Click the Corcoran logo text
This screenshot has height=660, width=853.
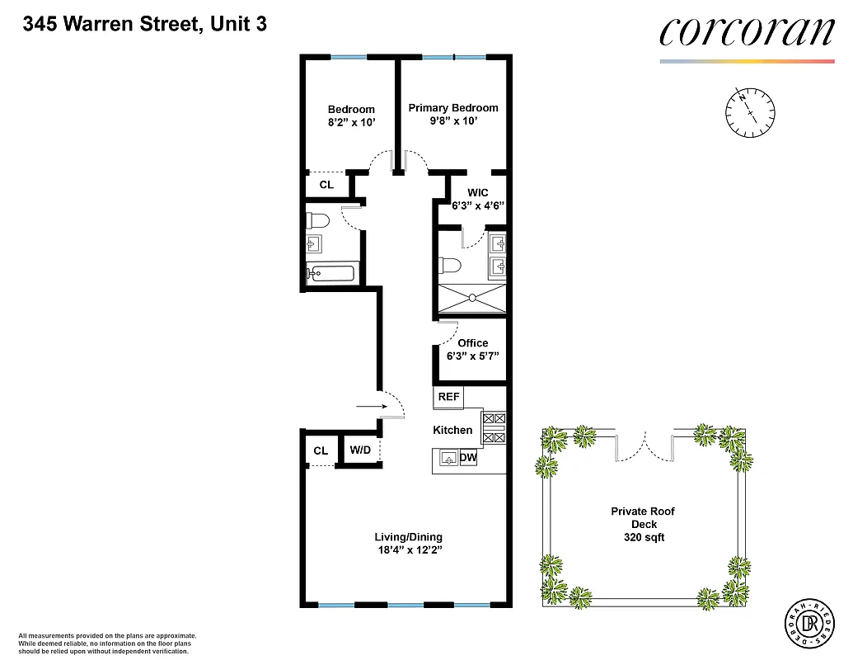(747, 31)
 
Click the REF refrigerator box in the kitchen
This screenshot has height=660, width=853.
(448, 397)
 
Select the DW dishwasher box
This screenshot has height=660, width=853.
(468, 458)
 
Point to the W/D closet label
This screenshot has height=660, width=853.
(360, 450)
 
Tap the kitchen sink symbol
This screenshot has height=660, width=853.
(448, 458)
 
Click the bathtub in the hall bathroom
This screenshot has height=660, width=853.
(330, 274)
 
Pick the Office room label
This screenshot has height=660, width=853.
(472, 343)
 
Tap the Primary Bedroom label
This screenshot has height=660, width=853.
(453, 108)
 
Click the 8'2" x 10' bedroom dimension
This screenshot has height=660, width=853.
(351, 122)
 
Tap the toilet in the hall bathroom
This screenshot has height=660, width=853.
(318, 221)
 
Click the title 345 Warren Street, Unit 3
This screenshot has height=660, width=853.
(145, 24)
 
